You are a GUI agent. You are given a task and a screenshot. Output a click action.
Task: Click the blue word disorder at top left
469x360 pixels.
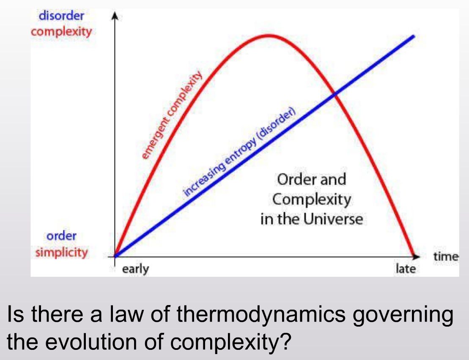[61, 16]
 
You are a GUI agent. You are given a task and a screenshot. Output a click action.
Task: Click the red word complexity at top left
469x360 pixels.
[61, 32]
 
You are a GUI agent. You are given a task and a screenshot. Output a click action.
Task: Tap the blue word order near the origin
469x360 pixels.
[61, 236]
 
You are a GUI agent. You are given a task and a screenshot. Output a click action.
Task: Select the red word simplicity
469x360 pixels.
[62, 252]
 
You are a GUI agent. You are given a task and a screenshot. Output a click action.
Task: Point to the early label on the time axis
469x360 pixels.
[135, 269]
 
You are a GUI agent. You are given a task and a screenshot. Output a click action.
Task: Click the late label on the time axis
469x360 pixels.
[406, 269]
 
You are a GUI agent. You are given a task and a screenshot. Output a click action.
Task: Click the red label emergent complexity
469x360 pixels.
[171, 116]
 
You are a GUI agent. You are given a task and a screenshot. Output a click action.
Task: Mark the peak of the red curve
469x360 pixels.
[269, 36]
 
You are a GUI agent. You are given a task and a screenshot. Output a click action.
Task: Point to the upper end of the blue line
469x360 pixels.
[414, 36]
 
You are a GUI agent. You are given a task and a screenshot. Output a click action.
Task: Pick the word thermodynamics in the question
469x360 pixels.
[261, 315]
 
